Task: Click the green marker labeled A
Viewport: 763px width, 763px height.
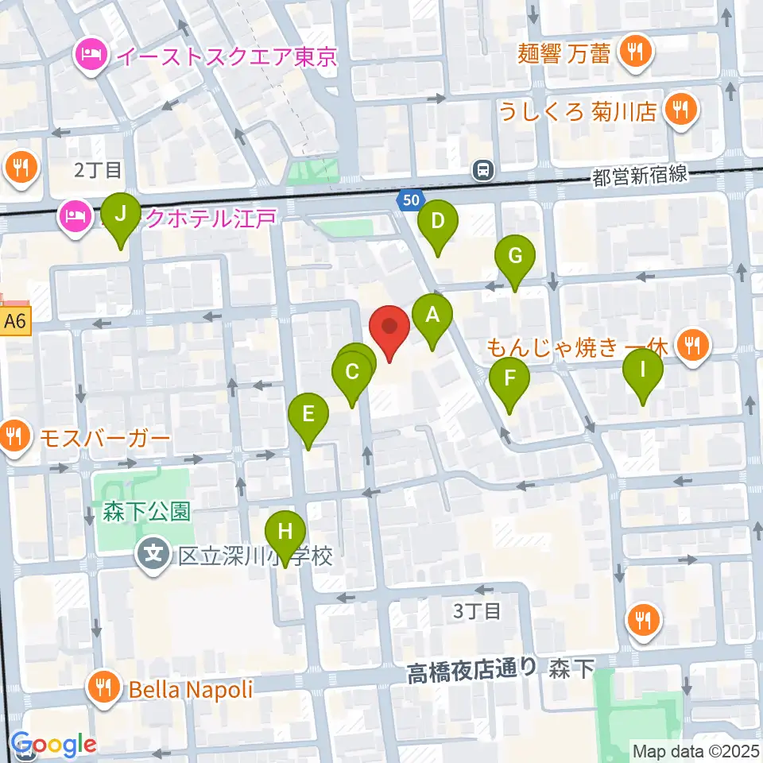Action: pyautogui.click(x=432, y=315)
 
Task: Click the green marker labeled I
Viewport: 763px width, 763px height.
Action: pyautogui.click(x=643, y=369)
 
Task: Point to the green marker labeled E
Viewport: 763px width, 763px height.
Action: pyautogui.click(x=308, y=413)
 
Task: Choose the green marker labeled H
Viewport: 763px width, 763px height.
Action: pyautogui.click(x=285, y=532)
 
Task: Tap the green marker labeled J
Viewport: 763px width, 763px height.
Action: pyautogui.click(x=121, y=215)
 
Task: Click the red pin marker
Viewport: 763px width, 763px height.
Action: pyautogui.click(x=389, y=327)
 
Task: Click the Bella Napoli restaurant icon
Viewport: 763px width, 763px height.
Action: pyautogui.click(x=105, y=687)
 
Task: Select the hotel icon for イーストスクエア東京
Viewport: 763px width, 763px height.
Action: pyautogui.click(x=87, y=56)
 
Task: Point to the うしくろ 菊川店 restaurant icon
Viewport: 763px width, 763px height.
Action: pyautogui.click(x=680, y=109)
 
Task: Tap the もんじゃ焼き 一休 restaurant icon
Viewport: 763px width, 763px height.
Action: pyautogui.click(x=692, y=345)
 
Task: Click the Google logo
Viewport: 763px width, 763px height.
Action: pyautogui.click(x=54, y=745)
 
